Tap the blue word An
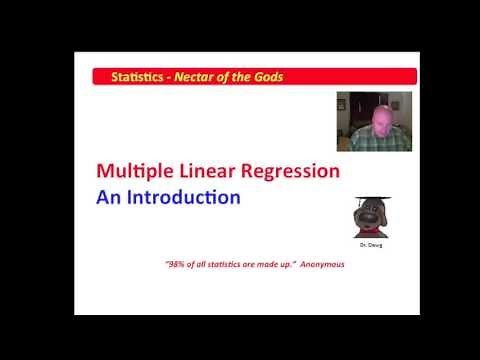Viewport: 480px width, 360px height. click(109, 197)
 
